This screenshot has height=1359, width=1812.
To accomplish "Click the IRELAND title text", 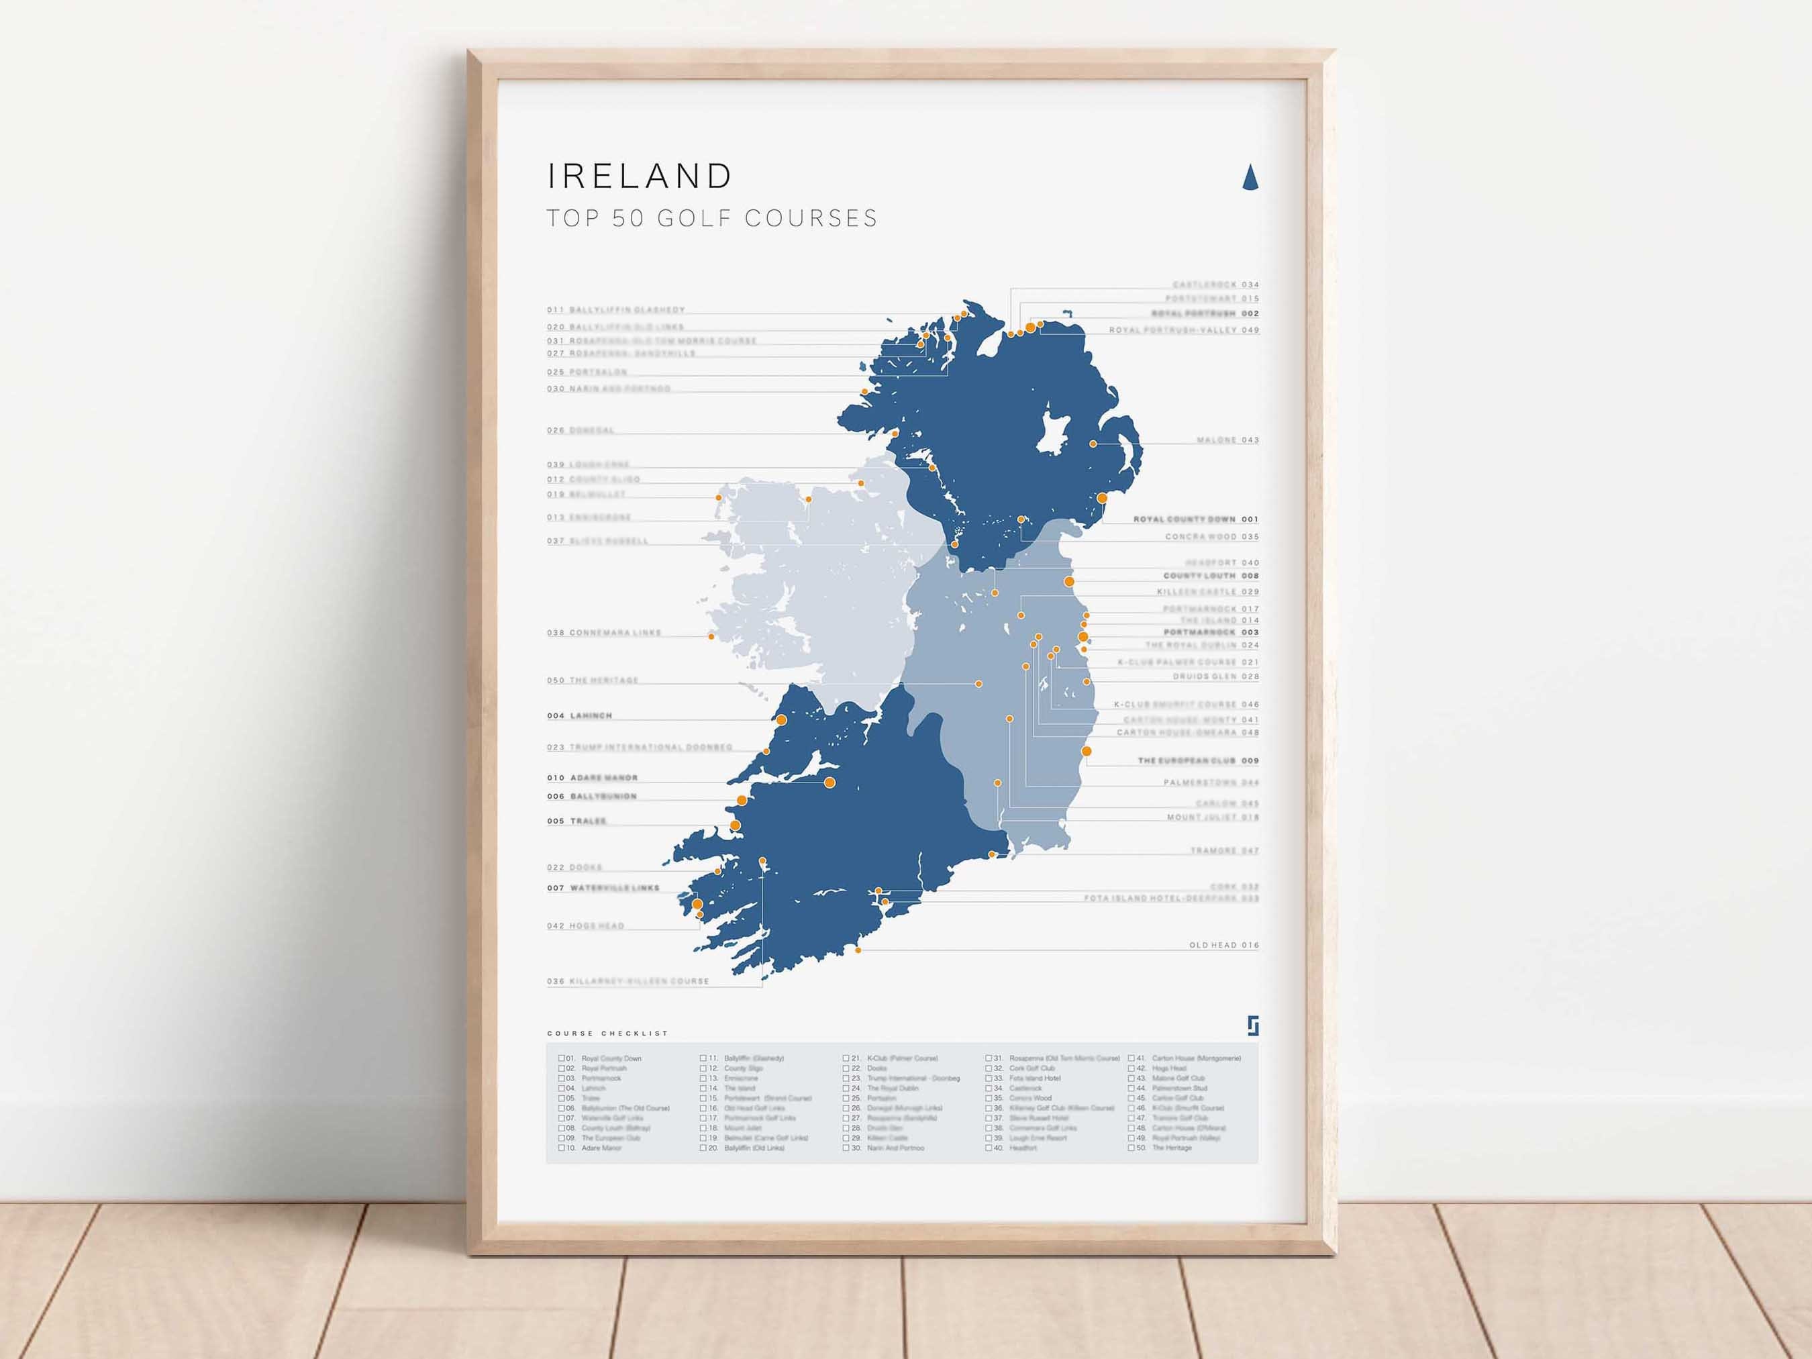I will click(640, 176).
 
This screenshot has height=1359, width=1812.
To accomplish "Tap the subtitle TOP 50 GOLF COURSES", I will click(712, 218).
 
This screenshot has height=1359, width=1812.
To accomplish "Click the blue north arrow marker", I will click(1250, 177).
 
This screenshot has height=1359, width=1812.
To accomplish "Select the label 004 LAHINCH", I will click(580, 716).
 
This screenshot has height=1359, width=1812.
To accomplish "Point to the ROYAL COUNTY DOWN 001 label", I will click(1195, 519).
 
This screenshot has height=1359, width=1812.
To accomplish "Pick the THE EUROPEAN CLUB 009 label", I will click(1198, 761).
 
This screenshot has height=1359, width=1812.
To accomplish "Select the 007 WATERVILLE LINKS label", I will click(603, 888).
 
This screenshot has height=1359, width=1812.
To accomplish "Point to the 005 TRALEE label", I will click(576, 821).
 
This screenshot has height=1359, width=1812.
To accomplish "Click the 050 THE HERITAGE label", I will click(593, 681).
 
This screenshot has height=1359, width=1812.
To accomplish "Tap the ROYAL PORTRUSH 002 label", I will click(1205, 313).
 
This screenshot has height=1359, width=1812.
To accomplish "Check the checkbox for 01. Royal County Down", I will click(562, 1058).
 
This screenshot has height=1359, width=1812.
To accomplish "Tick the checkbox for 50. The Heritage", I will click(1131, 1148).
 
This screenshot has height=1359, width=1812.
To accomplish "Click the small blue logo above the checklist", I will click(1252, 1025).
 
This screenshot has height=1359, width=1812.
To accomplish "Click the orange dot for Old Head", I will click(858, 950).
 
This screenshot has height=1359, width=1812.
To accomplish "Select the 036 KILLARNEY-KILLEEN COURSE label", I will click(627, 981).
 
